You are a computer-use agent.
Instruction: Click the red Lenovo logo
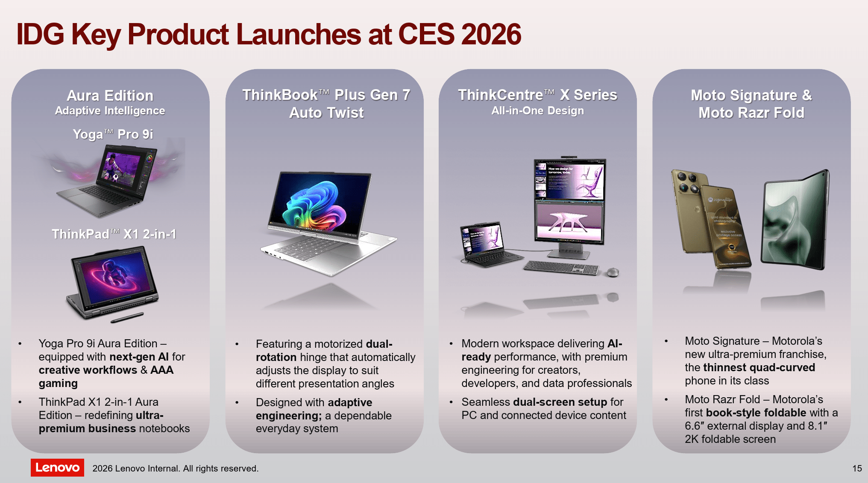pos(57,468)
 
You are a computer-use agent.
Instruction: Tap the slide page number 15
pos(857,468)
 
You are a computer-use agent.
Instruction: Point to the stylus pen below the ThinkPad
pos(127,317)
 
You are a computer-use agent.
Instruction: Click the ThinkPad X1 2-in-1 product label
pos(114,234)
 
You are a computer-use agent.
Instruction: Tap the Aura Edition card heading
pos(110,96)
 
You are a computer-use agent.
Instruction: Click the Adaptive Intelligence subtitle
pos(110,111)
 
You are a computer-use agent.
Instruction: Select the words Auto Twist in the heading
pos(326,113)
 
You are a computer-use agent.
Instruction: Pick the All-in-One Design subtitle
pos(537,111)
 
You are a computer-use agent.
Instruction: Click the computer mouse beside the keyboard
pos(613,272)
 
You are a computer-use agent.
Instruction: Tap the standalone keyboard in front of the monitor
pos(561,267)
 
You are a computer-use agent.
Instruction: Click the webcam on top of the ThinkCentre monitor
pos(569,157)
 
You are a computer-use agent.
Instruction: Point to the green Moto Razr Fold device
pos(795,220)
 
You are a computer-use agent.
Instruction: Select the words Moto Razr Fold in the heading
pos(751,113)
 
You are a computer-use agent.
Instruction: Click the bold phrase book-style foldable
pos(756,413)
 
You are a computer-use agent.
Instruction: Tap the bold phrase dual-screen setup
pos(560,402)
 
